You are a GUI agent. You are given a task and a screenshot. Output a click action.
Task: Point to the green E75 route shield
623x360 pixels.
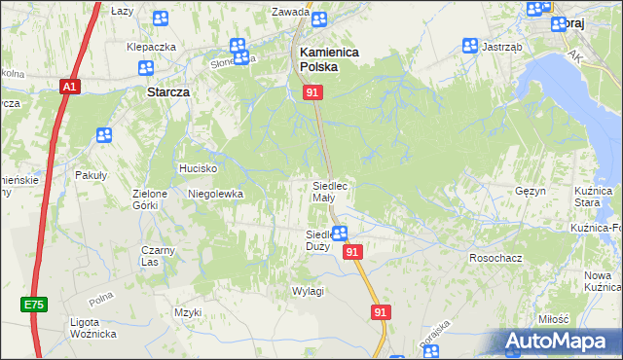point(34,305)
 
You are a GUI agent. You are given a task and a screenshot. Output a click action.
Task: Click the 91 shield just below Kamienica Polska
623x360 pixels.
point(312,91)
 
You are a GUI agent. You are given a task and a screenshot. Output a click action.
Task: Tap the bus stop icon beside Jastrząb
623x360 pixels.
point(470,46)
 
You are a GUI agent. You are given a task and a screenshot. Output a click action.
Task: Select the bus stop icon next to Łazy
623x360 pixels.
point(160,18)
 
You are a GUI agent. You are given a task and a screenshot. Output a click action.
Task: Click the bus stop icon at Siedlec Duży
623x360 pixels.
point(340,233)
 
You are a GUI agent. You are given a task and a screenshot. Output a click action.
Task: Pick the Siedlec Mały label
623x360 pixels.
point(329,191)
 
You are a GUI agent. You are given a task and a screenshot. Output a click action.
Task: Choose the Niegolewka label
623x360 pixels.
point(215,194)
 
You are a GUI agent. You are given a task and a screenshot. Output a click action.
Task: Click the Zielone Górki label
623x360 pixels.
point(151,199)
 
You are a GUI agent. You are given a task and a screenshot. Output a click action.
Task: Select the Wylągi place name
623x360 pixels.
point(308,291)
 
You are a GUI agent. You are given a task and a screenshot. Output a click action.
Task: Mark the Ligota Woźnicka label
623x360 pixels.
point(93,328)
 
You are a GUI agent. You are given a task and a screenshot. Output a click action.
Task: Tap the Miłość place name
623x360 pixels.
point(552,319)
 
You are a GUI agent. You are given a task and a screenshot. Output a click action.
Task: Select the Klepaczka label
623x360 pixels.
point(151,47)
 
